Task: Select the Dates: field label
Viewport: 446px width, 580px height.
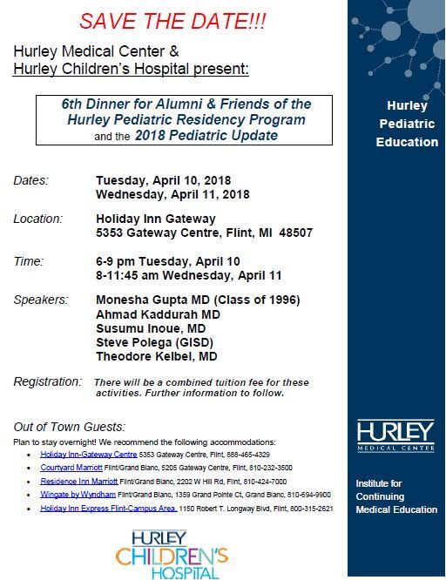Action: (31, 180)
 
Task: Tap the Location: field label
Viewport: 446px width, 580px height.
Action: (38, 219)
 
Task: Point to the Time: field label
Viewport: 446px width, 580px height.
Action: (29, 260)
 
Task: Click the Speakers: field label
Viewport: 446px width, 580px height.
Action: (40, 300)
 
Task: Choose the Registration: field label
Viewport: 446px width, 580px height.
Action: (47, 382)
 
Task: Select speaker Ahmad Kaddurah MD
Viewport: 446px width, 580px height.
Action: (158, 314)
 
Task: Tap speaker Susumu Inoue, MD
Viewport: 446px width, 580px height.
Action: (150, 328)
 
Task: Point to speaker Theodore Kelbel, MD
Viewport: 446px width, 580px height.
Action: (157, 356)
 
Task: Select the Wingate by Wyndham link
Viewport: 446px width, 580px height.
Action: (78, 494)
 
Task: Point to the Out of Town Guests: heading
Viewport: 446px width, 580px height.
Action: (69, 427)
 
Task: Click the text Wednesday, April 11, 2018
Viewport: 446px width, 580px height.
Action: (172, 194)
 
